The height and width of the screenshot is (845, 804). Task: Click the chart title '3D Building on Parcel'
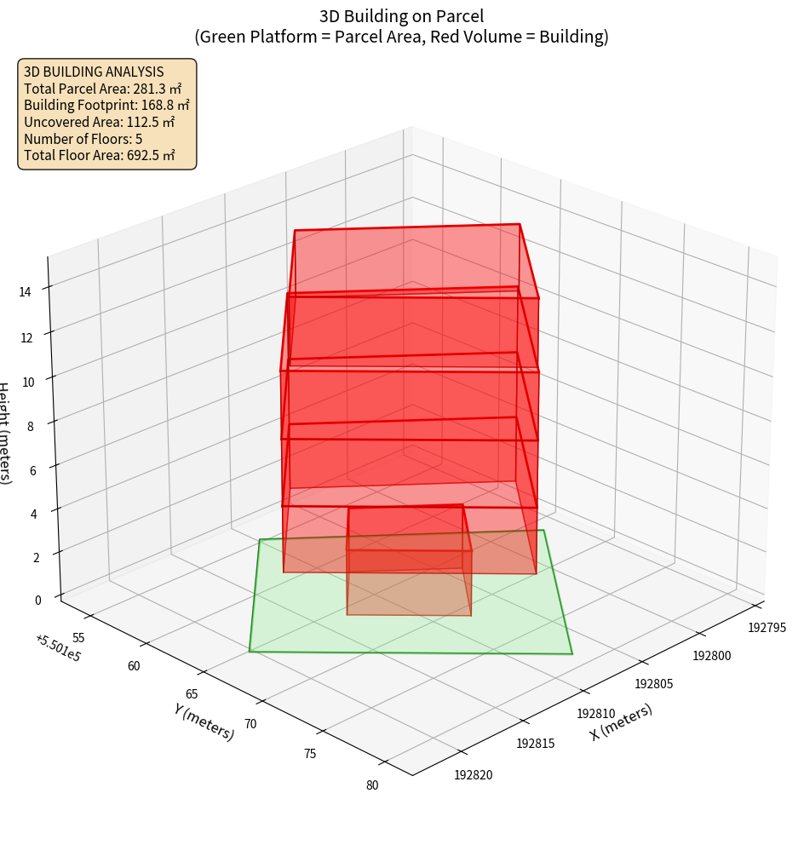[401, 15]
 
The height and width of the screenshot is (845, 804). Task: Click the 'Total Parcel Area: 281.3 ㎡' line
[102, 89]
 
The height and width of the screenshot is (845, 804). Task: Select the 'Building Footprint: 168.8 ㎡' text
[106, 105]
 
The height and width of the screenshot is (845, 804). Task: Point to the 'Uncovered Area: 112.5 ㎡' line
[99, 122]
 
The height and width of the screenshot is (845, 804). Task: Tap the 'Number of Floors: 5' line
[83, 138]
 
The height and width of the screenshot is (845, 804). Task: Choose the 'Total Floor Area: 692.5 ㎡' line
[99, 155]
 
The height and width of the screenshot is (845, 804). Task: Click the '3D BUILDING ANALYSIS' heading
[94, 72]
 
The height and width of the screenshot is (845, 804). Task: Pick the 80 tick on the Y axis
[371, 785]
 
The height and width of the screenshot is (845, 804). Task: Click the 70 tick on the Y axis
[250, 724]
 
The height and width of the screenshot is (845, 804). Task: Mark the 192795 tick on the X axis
[767, 628]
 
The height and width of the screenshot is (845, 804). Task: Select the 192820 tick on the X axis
[474, 774]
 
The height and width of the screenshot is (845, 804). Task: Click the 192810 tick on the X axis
[595, 713]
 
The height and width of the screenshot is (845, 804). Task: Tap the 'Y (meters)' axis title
[204, 720]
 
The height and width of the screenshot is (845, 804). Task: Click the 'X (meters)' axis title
[622, 721]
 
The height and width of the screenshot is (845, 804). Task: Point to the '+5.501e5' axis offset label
[59, 648]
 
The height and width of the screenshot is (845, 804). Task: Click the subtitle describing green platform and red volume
[401, 37]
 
